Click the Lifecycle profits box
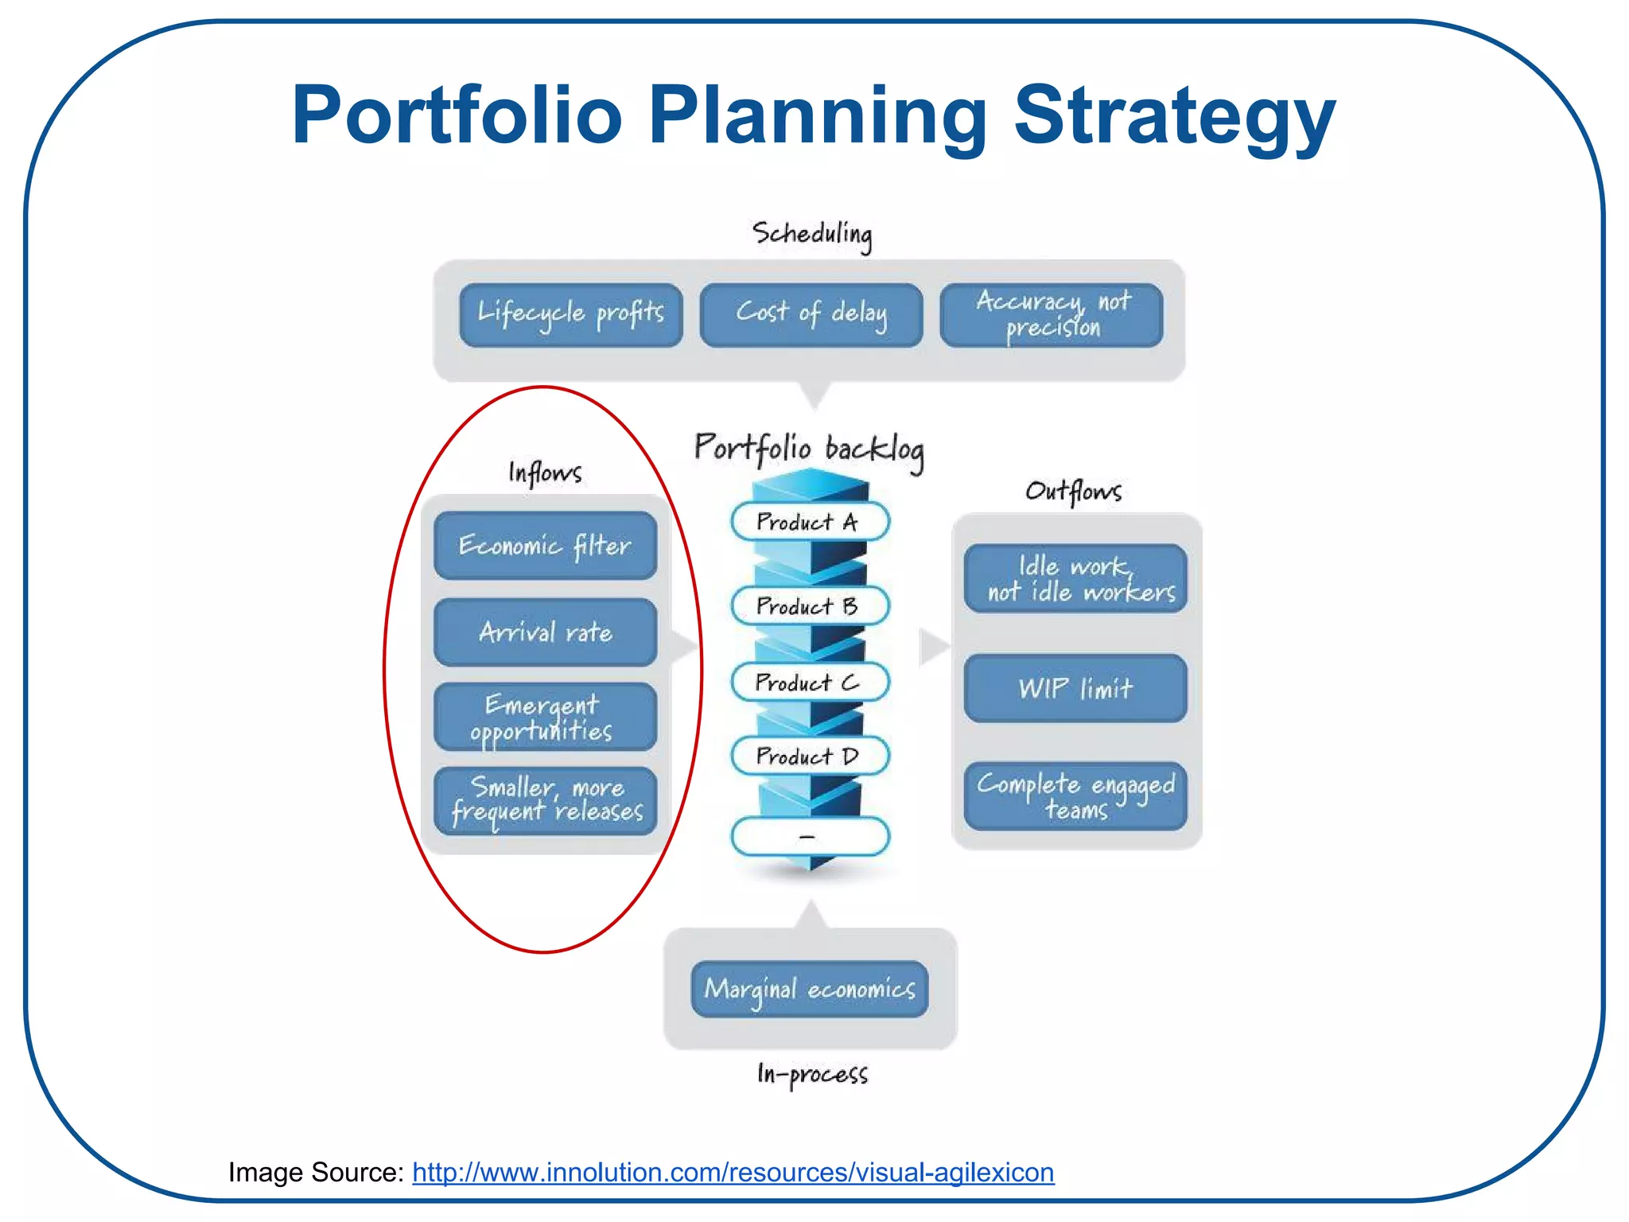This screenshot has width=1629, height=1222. point(570,315)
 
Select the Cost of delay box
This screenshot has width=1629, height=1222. point(811,315)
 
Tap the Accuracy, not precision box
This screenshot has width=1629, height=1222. point(1051,315)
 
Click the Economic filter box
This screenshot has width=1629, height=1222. point(545,546)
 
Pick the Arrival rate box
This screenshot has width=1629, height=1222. point(545,632)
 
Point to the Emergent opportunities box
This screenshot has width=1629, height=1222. point(545,717)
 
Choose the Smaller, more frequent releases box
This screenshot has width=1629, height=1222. point(545,800)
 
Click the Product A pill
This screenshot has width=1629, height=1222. point(809,522)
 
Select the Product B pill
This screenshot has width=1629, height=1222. point(809,606)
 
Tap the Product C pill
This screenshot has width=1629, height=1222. point(809,683)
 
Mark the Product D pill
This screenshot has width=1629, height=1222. point(809,756)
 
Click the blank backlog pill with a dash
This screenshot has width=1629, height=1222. point(809,836)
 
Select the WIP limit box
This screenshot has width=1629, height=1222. point(1075,688)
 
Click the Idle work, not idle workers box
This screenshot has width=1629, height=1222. point(1075,578)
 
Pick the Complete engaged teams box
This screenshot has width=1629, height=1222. point(1075,796)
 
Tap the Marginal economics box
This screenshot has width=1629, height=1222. point(809,989)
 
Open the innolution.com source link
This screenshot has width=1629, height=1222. point(733,1173)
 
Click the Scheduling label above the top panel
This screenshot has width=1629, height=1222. point(811,234)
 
